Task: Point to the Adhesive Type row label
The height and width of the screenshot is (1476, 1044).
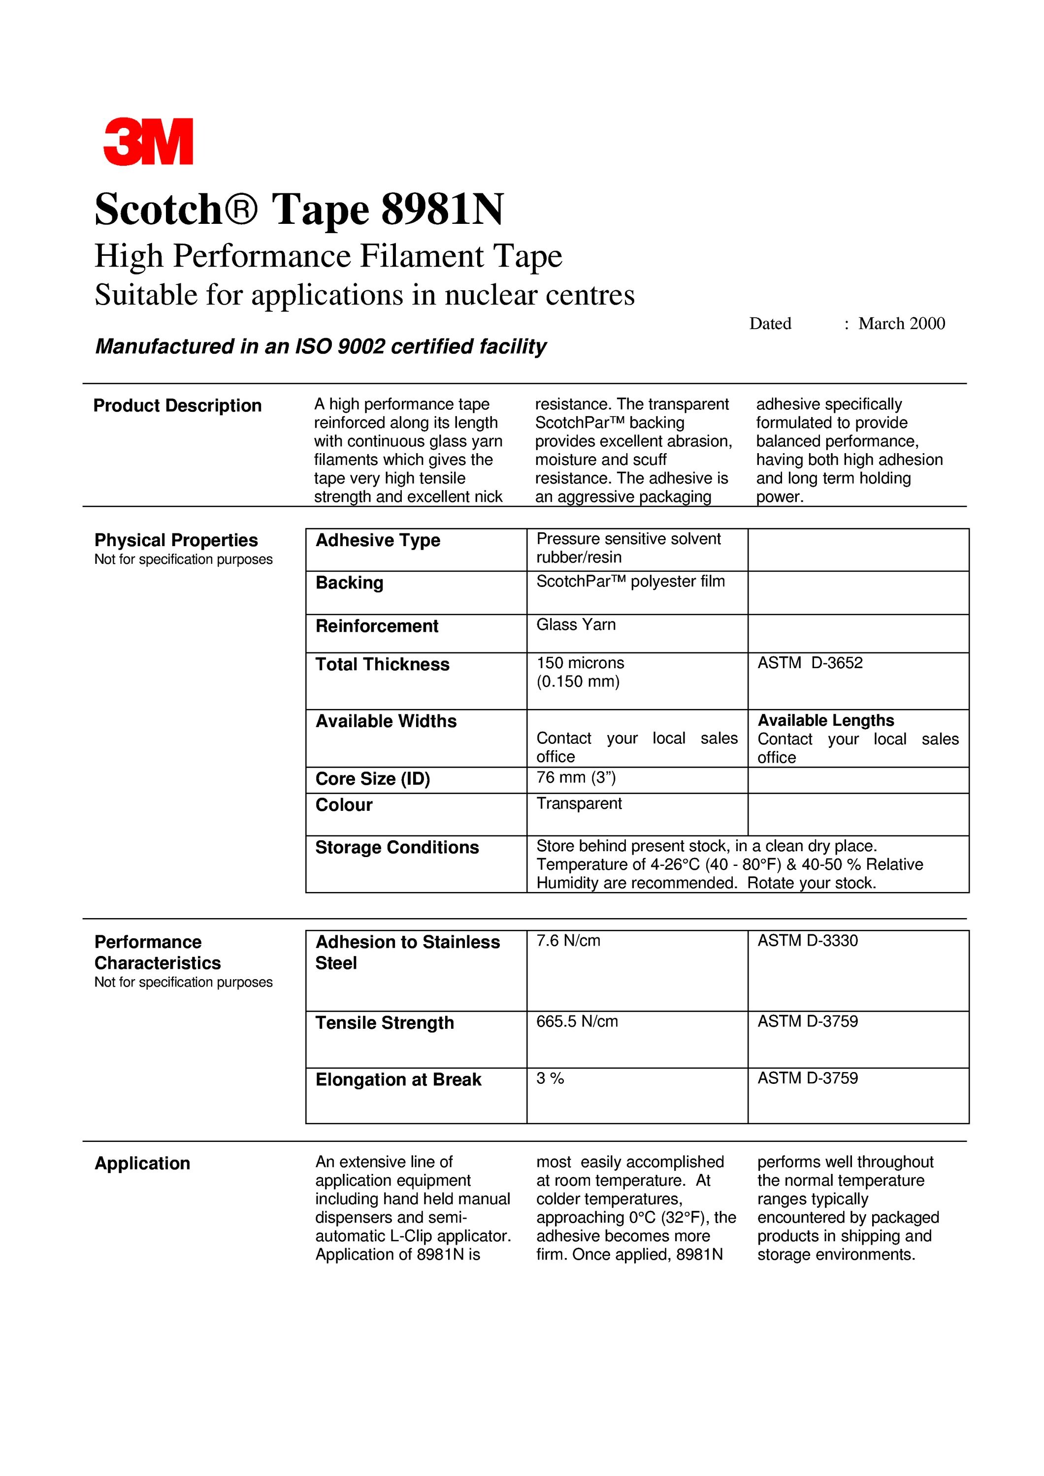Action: [378, 541]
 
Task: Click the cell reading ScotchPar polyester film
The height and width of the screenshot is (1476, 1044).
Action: [630, 582]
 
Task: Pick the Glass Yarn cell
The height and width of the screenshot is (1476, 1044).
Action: [576, 625]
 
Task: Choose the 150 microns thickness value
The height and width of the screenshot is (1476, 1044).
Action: [580, 663]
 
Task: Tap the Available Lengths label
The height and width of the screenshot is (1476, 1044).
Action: [825, 721]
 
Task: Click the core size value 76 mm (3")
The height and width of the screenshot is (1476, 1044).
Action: [576, 778]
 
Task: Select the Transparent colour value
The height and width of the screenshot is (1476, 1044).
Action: [579, 803]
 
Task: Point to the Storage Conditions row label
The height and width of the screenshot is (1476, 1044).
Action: [396, 848]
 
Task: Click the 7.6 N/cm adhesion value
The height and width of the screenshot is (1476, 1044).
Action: [568, 941]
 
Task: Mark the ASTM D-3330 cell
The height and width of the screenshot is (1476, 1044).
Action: [807, 941]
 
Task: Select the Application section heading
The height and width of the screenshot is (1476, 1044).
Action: [142, 1164]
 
